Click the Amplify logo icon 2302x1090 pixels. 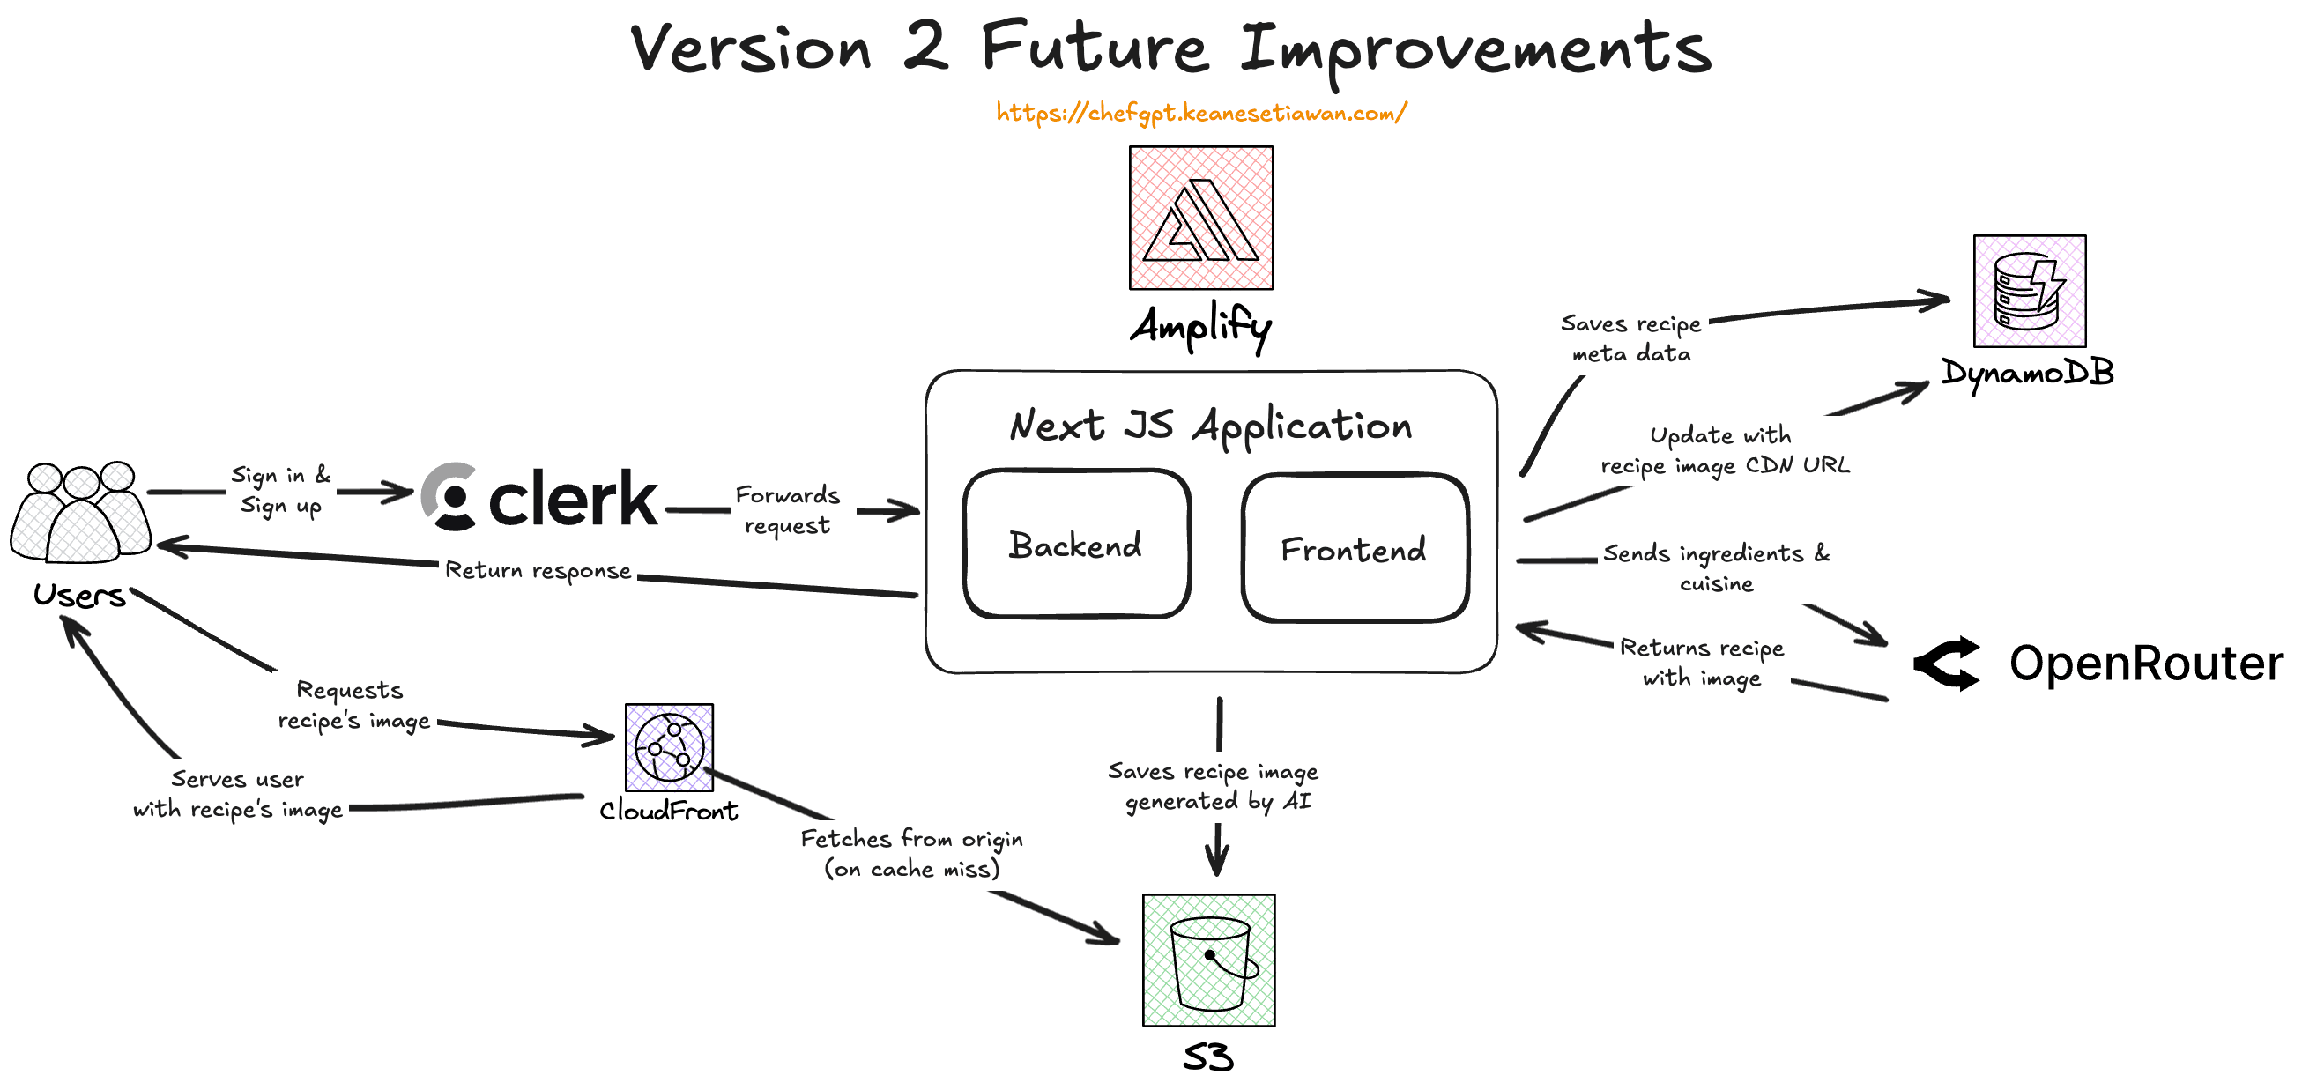pos(1200,218)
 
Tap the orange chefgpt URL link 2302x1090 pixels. pos(1200,113)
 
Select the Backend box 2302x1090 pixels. pos(1076,544)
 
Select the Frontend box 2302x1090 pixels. pos(1354,549)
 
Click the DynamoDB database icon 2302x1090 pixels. pos(2029,292)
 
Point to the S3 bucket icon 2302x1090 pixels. pos(1208,960)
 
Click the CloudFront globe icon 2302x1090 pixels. pos(668,747)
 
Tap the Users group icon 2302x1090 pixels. pos(80,513)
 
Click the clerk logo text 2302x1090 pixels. pos(572,499)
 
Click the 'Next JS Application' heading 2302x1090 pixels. pos(1210,426)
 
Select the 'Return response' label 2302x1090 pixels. pos(538,570)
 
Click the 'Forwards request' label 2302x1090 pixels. pos(787,509)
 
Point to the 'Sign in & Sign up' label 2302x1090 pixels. pos(280,490)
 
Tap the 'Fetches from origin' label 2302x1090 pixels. pos(911,852)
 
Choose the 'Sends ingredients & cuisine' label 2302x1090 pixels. pos(1716,567)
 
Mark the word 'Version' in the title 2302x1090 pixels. pos(751,48)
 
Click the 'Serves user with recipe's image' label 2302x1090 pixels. pos(238,793)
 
